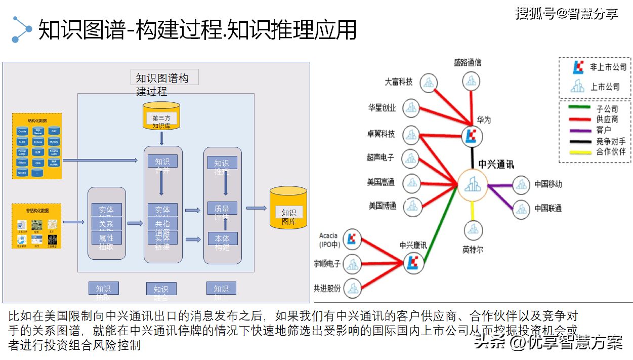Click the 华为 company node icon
[x=472, y=136]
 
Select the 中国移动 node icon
[x=522, y=185]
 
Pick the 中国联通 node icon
[x=522, y=208]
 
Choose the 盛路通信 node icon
[x=472, y=81]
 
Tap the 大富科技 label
[x=399, y=81]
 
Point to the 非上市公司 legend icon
[x=577, y=67]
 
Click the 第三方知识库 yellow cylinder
[x=161, y=115]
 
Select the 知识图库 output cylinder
[x=288, y=208]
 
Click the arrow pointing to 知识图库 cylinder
[x=256, y=208]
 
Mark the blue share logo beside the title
[x=22, y=29]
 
